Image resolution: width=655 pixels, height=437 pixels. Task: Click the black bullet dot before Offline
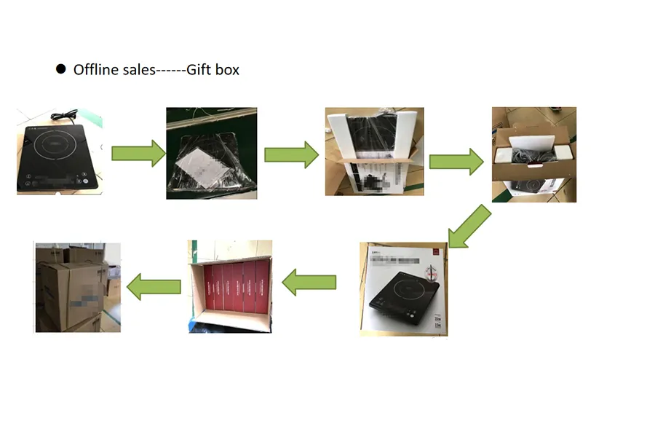click(x=61, y=69)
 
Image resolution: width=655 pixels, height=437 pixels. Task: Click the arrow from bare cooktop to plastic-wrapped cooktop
click(x=138, y=153)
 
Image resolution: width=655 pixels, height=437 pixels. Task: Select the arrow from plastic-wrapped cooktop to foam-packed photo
click(x=291, y=154)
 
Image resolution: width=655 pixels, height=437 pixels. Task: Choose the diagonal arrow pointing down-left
click(x=469, y=226)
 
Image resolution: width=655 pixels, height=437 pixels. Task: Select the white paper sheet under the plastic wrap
click(x=202, y=163)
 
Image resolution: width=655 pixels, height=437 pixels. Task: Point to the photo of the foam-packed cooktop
click(x=373, y=151)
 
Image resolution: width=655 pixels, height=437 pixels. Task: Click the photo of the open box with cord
click(x=533, y=154)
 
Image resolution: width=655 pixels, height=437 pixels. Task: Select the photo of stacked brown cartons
click(x=78, y=287)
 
